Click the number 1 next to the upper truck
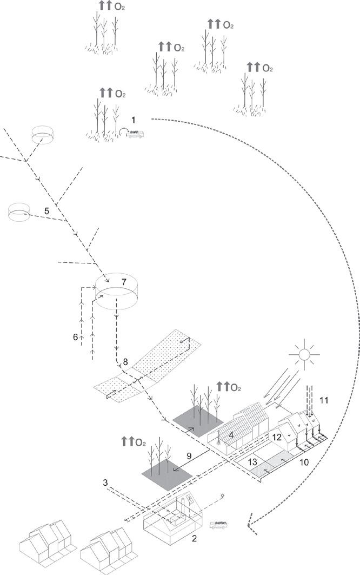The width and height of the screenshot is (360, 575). pyautogui.click(x=134, y=120)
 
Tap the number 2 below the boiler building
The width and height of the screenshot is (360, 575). pyautogui.click(x=194, y=539)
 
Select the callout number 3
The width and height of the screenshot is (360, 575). pyautogui.click(x=105, y=483)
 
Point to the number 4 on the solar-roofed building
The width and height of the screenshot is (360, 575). pyautogui.click(x=231, y=435)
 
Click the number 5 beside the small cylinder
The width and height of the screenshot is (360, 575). pyautogui.click(x=46, y=211)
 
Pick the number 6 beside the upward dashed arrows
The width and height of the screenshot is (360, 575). pyautogui.click(x=76, y=337)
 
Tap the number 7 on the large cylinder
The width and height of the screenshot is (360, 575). pyautogui.click(x=124, y=282)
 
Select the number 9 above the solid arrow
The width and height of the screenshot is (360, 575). pyautogui.click(x=189, y=456)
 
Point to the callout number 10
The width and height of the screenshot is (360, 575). pyautogui.click(x=304, y=462)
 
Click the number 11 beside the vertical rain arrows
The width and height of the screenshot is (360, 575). pyautogui.click(x=324, y=400)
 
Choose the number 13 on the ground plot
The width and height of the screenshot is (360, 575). pyautogui.click(x=252, y=462)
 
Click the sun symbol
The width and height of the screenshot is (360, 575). pyautogui.click(x=304, y=354)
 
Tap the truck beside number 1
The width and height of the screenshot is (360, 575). pyautogui.click(x=135, y=134)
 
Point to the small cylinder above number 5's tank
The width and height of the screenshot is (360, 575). pyautogui.click(x=42, y=135)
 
